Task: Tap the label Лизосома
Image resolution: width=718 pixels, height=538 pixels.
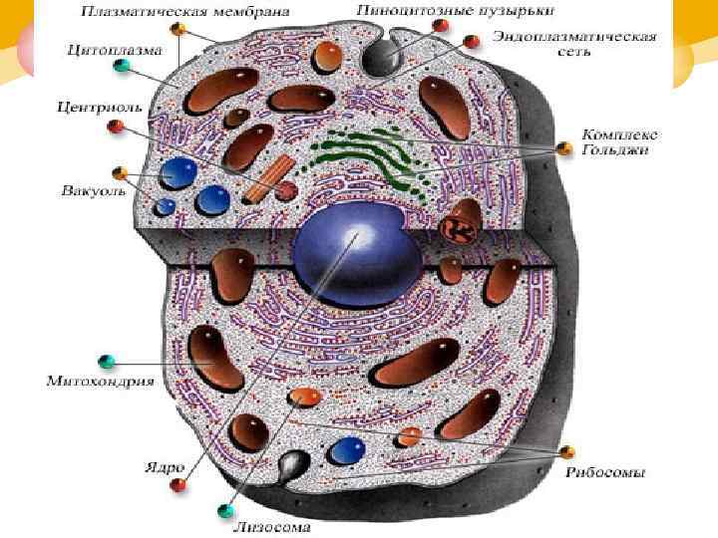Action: pyautogui.click(x=271, y=527)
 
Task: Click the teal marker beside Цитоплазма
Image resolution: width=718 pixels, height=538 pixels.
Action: pyautogui.click(x=122, y=66)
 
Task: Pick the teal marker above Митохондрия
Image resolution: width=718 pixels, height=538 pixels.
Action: pyautogui.click(x=108, y=359)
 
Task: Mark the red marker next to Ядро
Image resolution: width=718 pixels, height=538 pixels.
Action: pyautogui.click(x=179, y=485)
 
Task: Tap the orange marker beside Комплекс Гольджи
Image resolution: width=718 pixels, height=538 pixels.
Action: pyautogui.click(x=564, y=148)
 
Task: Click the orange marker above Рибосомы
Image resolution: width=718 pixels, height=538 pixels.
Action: pyautogui.click(x=567, y=452)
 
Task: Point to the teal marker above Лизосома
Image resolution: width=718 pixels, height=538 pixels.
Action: pyautogui.click(x=224, y=512)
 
